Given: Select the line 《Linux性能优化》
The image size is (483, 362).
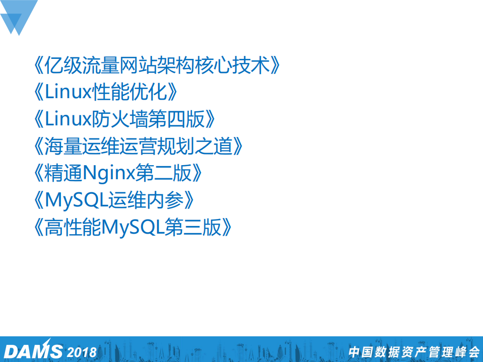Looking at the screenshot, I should (x=107, y=93).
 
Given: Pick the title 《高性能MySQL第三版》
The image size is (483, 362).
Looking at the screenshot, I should (x=133, y=228).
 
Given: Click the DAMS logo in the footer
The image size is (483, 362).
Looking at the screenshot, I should (x=32, y=350).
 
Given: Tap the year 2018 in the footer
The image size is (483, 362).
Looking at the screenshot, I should (x=82, y=351).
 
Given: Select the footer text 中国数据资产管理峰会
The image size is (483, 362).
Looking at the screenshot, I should (x=413, y=351).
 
